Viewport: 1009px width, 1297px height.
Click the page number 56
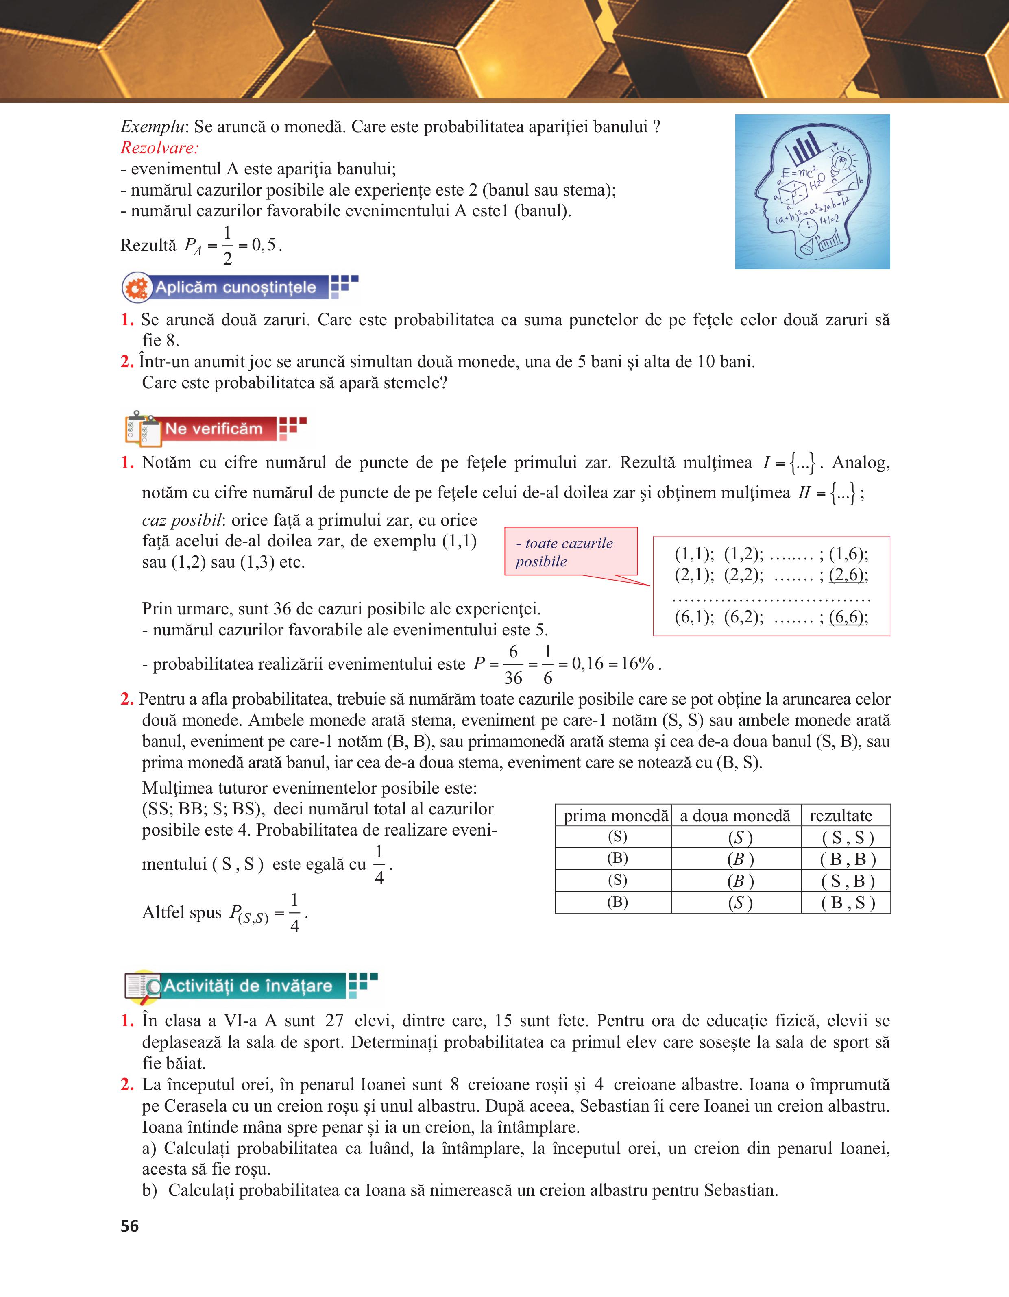click(x=129, y=1226)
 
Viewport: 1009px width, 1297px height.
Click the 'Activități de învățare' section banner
click(x=247, y=986)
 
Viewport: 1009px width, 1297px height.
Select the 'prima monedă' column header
click(x=615, y=815)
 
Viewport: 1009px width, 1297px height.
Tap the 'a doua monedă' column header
click(x=735, y=815)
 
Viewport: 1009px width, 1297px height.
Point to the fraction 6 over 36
click(x=513, y=664)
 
